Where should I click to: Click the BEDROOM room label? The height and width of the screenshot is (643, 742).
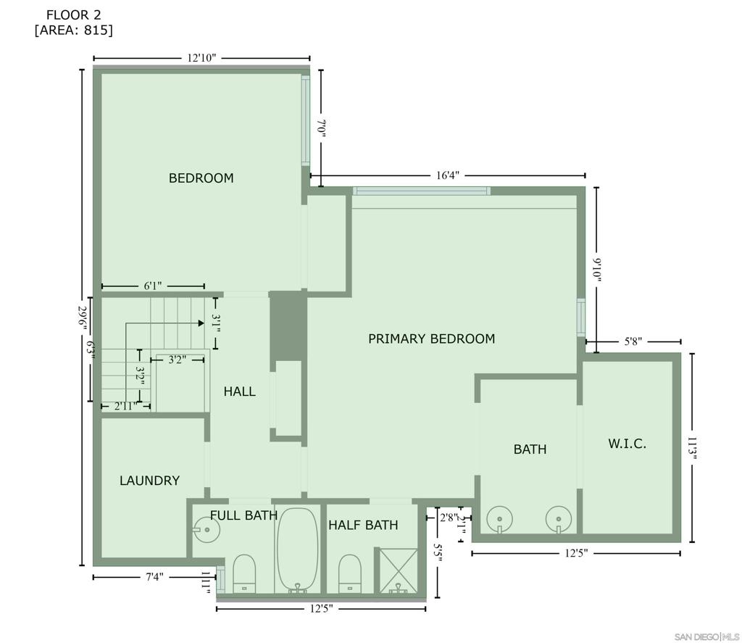click(x=201, y=178)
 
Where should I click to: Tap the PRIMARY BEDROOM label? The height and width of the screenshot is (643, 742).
click(x=432, y=339)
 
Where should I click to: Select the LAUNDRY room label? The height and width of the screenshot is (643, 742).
click(x=149, y=481)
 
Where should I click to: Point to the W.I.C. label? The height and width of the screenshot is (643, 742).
click(x=627, y=444)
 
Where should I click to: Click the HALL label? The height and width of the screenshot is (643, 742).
click(x=239, y=391)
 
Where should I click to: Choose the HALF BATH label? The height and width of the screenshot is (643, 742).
click(x=363, y=525)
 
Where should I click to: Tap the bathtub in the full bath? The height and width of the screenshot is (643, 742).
click(x=298, y=549)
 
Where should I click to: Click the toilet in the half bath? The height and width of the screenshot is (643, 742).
click(x=350, y=573)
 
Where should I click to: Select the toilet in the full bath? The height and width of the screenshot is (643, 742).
click(x=244, y=573)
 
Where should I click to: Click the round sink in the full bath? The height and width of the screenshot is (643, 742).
click(x=207, y=529)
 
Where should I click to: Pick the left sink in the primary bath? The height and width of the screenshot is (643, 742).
click(x=500, y=519)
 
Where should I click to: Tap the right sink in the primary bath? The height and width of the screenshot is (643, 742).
click(x=559, y=520)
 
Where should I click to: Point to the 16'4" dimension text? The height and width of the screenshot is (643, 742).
click(x=448, y=175)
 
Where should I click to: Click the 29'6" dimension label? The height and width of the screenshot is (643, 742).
click(x=83, y=318)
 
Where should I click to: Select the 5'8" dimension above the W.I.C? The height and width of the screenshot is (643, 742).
click(x=633, y=341)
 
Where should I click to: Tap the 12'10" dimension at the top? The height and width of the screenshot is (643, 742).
click(x=201, y=58)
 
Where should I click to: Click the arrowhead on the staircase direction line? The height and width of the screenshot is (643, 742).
click(x=201, y=323)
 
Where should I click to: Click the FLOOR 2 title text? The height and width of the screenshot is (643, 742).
click(x=74, y=15)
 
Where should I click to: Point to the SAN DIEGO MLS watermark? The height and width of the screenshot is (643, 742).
click(x=706, y=636)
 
